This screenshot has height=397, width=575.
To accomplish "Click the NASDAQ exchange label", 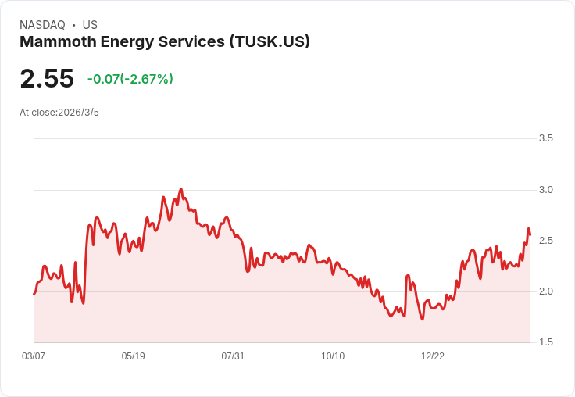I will [42, 25].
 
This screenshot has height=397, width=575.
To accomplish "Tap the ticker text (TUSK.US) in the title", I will [270, 41].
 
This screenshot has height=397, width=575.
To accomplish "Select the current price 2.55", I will [47, 78].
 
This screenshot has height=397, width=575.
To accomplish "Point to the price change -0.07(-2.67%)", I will [130, 79].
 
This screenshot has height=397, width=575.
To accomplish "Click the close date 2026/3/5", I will [78, 113].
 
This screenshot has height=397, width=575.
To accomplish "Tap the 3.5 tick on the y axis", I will [546, 138].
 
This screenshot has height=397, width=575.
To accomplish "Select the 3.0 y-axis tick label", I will [546, 190].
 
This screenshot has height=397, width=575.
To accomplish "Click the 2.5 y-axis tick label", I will [546, 241].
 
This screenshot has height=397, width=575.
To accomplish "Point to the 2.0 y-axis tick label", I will [546, 291].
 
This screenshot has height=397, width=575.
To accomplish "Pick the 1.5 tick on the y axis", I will [546, 342].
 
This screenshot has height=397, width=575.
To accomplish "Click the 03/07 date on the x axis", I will [34, 356].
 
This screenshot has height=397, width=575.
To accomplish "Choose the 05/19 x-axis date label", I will [134, 356].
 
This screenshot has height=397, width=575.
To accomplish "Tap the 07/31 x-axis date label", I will [233, 356].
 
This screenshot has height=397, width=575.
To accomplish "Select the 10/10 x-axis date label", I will [333, 356].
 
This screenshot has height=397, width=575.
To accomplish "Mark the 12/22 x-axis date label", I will [433, 356].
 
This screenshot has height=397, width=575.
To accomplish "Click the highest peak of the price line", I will [181, 189].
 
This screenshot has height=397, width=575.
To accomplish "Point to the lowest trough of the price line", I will [423, 319].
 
